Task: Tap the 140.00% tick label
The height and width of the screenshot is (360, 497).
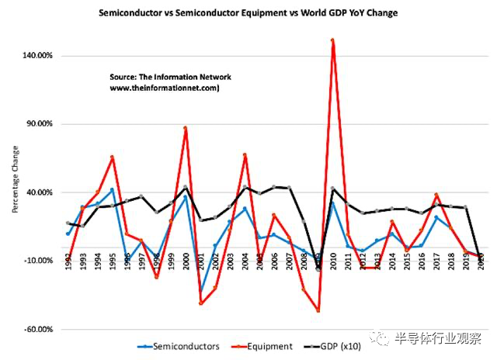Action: click(36, 56)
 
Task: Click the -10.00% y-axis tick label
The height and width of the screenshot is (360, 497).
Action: click(36, 261)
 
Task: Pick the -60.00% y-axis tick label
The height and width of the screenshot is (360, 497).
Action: click(36, 329)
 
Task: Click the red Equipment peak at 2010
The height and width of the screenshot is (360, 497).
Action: click(332, 40)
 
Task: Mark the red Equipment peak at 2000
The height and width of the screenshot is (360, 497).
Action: click(186, 128)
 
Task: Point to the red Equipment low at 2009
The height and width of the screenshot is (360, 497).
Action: click(318, 310)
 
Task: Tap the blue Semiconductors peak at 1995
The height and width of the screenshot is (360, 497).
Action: click(113, 189)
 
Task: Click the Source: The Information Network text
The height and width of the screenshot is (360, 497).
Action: click(170, 78)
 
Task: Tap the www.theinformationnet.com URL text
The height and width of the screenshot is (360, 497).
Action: click(165, 88)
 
